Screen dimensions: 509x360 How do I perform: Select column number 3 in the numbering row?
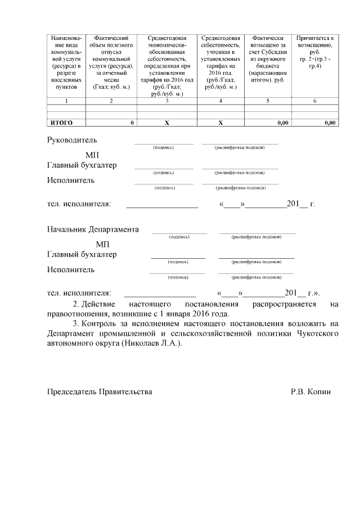(167, 101)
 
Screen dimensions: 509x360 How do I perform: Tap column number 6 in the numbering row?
(315, 101)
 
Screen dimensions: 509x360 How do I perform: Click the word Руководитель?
(72, 140)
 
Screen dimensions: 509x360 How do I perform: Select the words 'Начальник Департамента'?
(93, 229)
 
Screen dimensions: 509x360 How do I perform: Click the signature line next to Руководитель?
(164, 143)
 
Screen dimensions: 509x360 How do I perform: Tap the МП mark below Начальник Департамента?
(103, 244)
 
